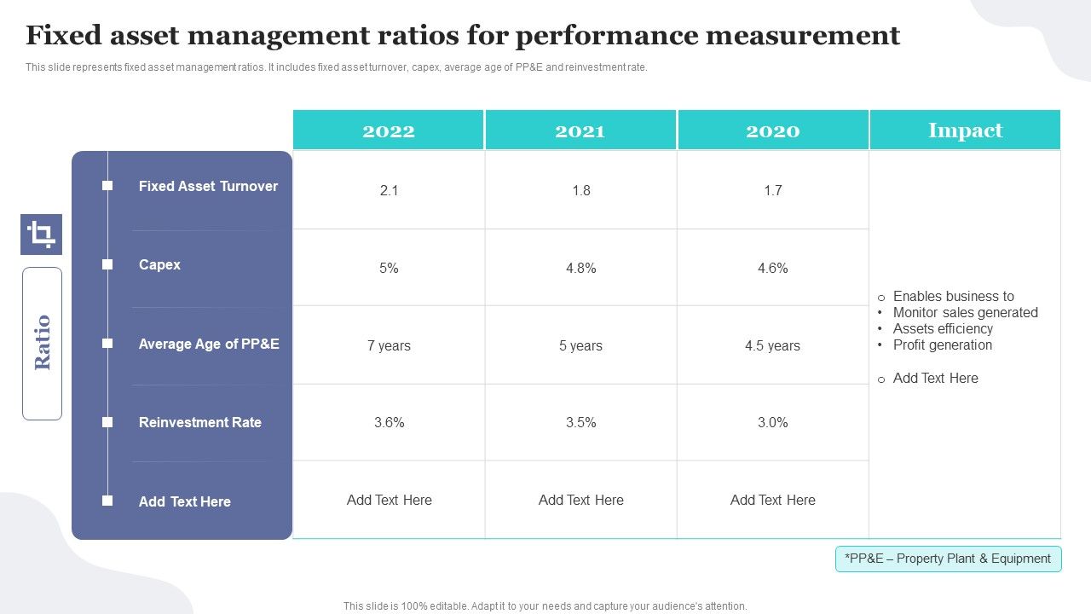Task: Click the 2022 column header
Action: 389,130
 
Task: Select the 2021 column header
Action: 580,130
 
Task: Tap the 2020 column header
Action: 772,130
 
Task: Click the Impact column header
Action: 965,130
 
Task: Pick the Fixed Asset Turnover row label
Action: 208,186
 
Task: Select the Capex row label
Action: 159,264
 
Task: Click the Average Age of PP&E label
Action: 209,344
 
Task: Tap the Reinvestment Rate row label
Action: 199,422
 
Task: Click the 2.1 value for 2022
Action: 389,190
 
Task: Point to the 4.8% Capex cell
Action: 580,268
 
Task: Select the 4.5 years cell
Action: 772,345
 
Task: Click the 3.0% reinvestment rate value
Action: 772,422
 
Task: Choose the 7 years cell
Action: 389,345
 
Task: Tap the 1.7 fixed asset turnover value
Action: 772,190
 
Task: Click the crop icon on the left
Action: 41,234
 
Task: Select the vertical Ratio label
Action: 42,343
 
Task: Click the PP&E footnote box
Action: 948,559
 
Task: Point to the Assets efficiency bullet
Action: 943,328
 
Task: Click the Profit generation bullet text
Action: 942,345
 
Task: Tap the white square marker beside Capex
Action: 107,264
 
